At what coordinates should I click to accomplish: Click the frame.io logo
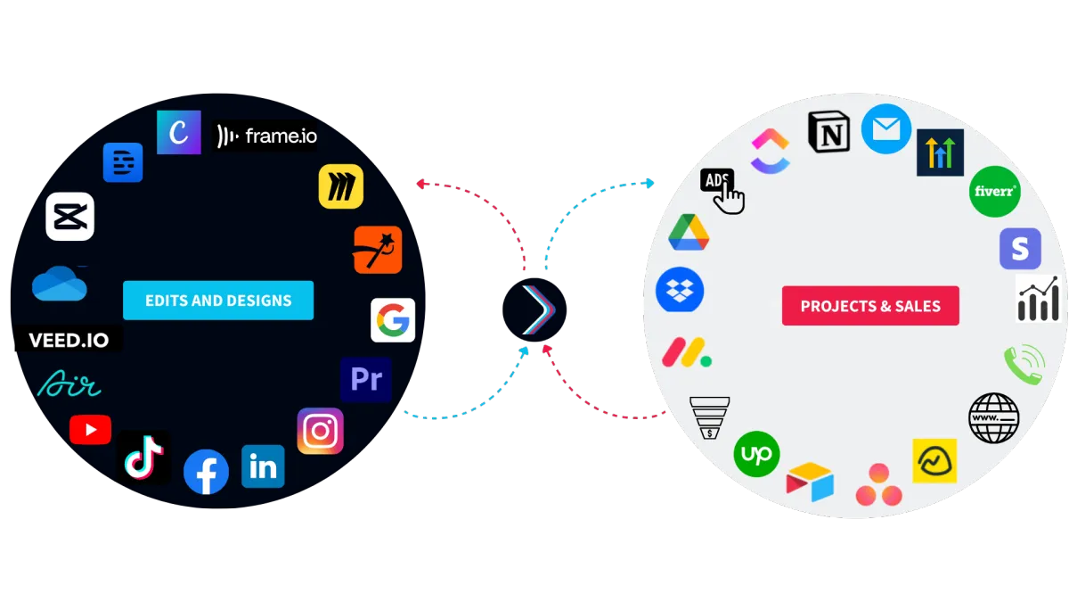click(265, 136)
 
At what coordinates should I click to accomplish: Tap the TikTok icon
click(143, 457)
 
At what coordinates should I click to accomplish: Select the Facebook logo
click(206, 472)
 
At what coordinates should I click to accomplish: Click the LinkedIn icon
click(263, 466)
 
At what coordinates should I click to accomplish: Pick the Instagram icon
click(320, 431)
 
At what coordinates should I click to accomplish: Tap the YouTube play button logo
click(90, 430)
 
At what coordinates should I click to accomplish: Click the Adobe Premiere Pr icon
click(366, 379)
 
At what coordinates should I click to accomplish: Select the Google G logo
click(393, 320)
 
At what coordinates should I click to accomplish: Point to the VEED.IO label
click(69, 340)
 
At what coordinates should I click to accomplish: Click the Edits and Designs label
click(218, 300)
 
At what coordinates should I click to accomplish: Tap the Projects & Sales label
click(870, 306)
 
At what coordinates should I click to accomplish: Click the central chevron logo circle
click(534, 309)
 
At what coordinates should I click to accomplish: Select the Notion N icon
click(829, 132)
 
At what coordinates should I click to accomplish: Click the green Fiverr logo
click(994, 192)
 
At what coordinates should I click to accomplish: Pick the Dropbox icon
click(680, 290)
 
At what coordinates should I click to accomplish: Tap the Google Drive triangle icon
click(689, 233)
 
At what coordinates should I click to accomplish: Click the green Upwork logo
click(756, 454)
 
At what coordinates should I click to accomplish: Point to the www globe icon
click(993, 418)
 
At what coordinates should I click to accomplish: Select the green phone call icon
click(1024, 365)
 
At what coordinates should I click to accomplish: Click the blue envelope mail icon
click(886, 129)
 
